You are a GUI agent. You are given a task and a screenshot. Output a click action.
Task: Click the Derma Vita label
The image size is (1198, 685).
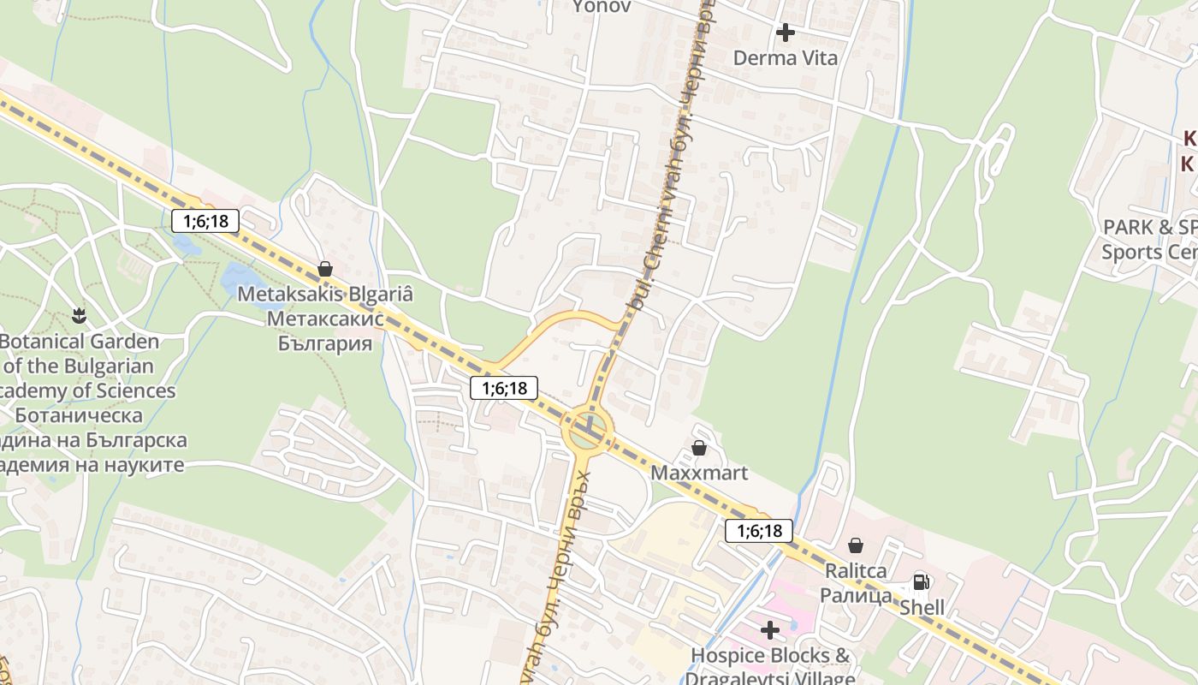click(786, 58)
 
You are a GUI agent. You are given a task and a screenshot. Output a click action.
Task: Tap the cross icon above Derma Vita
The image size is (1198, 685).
click(786, 33)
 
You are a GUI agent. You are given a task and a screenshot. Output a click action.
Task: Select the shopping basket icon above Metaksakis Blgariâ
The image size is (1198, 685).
click(325, 269)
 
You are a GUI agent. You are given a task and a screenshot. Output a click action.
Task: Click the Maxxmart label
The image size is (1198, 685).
click(699, 473)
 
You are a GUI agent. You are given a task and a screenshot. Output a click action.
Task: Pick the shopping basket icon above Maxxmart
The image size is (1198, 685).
click(699, 448)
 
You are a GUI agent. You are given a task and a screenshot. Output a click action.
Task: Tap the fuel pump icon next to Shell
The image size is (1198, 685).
click(921, 582)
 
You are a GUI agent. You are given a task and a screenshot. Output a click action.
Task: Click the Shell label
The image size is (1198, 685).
click(922, 607)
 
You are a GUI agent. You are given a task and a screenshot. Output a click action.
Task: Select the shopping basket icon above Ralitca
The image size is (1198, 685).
click(855, 545)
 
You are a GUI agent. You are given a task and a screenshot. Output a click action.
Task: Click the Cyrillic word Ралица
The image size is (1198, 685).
click(856, 595)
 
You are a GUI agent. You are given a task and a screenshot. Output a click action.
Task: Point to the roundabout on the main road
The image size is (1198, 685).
click(588, 430)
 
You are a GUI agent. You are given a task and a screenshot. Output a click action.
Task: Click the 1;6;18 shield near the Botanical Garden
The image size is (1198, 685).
click(205, 221)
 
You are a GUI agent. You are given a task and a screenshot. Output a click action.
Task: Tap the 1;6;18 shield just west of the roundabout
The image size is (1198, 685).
click(504, 388)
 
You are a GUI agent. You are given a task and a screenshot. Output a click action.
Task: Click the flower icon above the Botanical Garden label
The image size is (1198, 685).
click(80, 316)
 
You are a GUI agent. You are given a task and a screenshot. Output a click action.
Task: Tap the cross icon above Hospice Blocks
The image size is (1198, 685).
click(770, 630)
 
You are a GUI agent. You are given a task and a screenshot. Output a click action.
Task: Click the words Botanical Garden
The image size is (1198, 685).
click(79, 342)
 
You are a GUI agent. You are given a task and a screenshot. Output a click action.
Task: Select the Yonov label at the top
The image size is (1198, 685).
click(601, 7)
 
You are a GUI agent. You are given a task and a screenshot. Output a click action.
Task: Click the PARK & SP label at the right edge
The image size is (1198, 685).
click(1149, 227)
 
